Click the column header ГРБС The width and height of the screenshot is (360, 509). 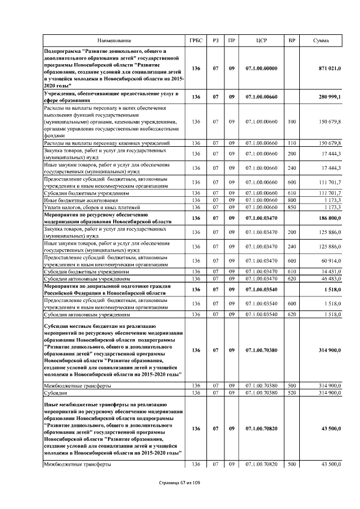(x=196, y=40)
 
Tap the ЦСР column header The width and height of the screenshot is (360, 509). (x=261, y=40)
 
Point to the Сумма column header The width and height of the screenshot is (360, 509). (x=321, y=40)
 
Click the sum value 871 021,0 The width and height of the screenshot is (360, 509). (x=330, y=69)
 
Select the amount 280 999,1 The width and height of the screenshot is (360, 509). (x=330, y=97)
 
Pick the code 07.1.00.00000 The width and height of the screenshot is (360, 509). (x=261, y=69)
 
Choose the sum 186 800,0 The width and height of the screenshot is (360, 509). (x=330, y=218)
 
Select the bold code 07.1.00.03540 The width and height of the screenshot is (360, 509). (x=261, y=290)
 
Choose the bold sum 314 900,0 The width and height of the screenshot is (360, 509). (x=330, y=350)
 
